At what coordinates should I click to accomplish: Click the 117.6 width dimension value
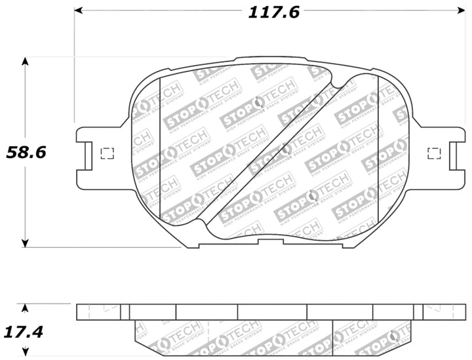pyautogui.click(x=273, y=12)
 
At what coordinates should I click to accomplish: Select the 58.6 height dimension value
pyautogui.click(x=26, y=152)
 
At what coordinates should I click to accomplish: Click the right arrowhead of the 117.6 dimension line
pyautogui.click(x=460, y=11)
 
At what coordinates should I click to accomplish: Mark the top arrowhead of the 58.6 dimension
pyautogui.click(x=25, y=62)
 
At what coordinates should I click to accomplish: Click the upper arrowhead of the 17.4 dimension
pyautogui.click(x=25, y=308)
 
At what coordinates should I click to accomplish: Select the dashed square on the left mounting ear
pyautogui.click(x=107, y=153)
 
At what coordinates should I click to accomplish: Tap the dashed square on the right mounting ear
pyautogui.click(x=434, y=153)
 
